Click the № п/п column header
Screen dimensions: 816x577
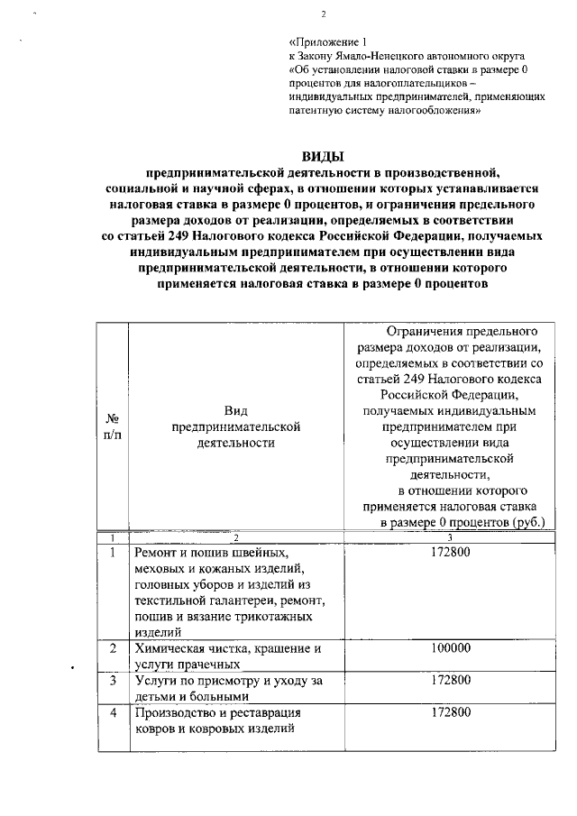click(114, 427)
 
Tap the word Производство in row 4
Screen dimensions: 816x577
click(176, 712)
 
